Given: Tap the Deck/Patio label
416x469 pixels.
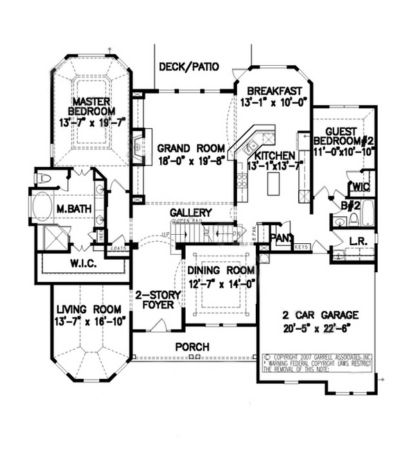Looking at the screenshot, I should click(189, 67).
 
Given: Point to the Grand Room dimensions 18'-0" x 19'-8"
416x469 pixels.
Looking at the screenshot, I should click(191, 161).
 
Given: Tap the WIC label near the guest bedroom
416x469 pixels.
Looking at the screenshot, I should click(361, 187).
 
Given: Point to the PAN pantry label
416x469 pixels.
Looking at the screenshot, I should click(281, 238).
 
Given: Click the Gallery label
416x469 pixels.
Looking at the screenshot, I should click(192, 212).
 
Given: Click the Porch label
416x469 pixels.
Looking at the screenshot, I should click(193, 346).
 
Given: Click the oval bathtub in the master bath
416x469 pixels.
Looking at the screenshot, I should click(43, 206).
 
